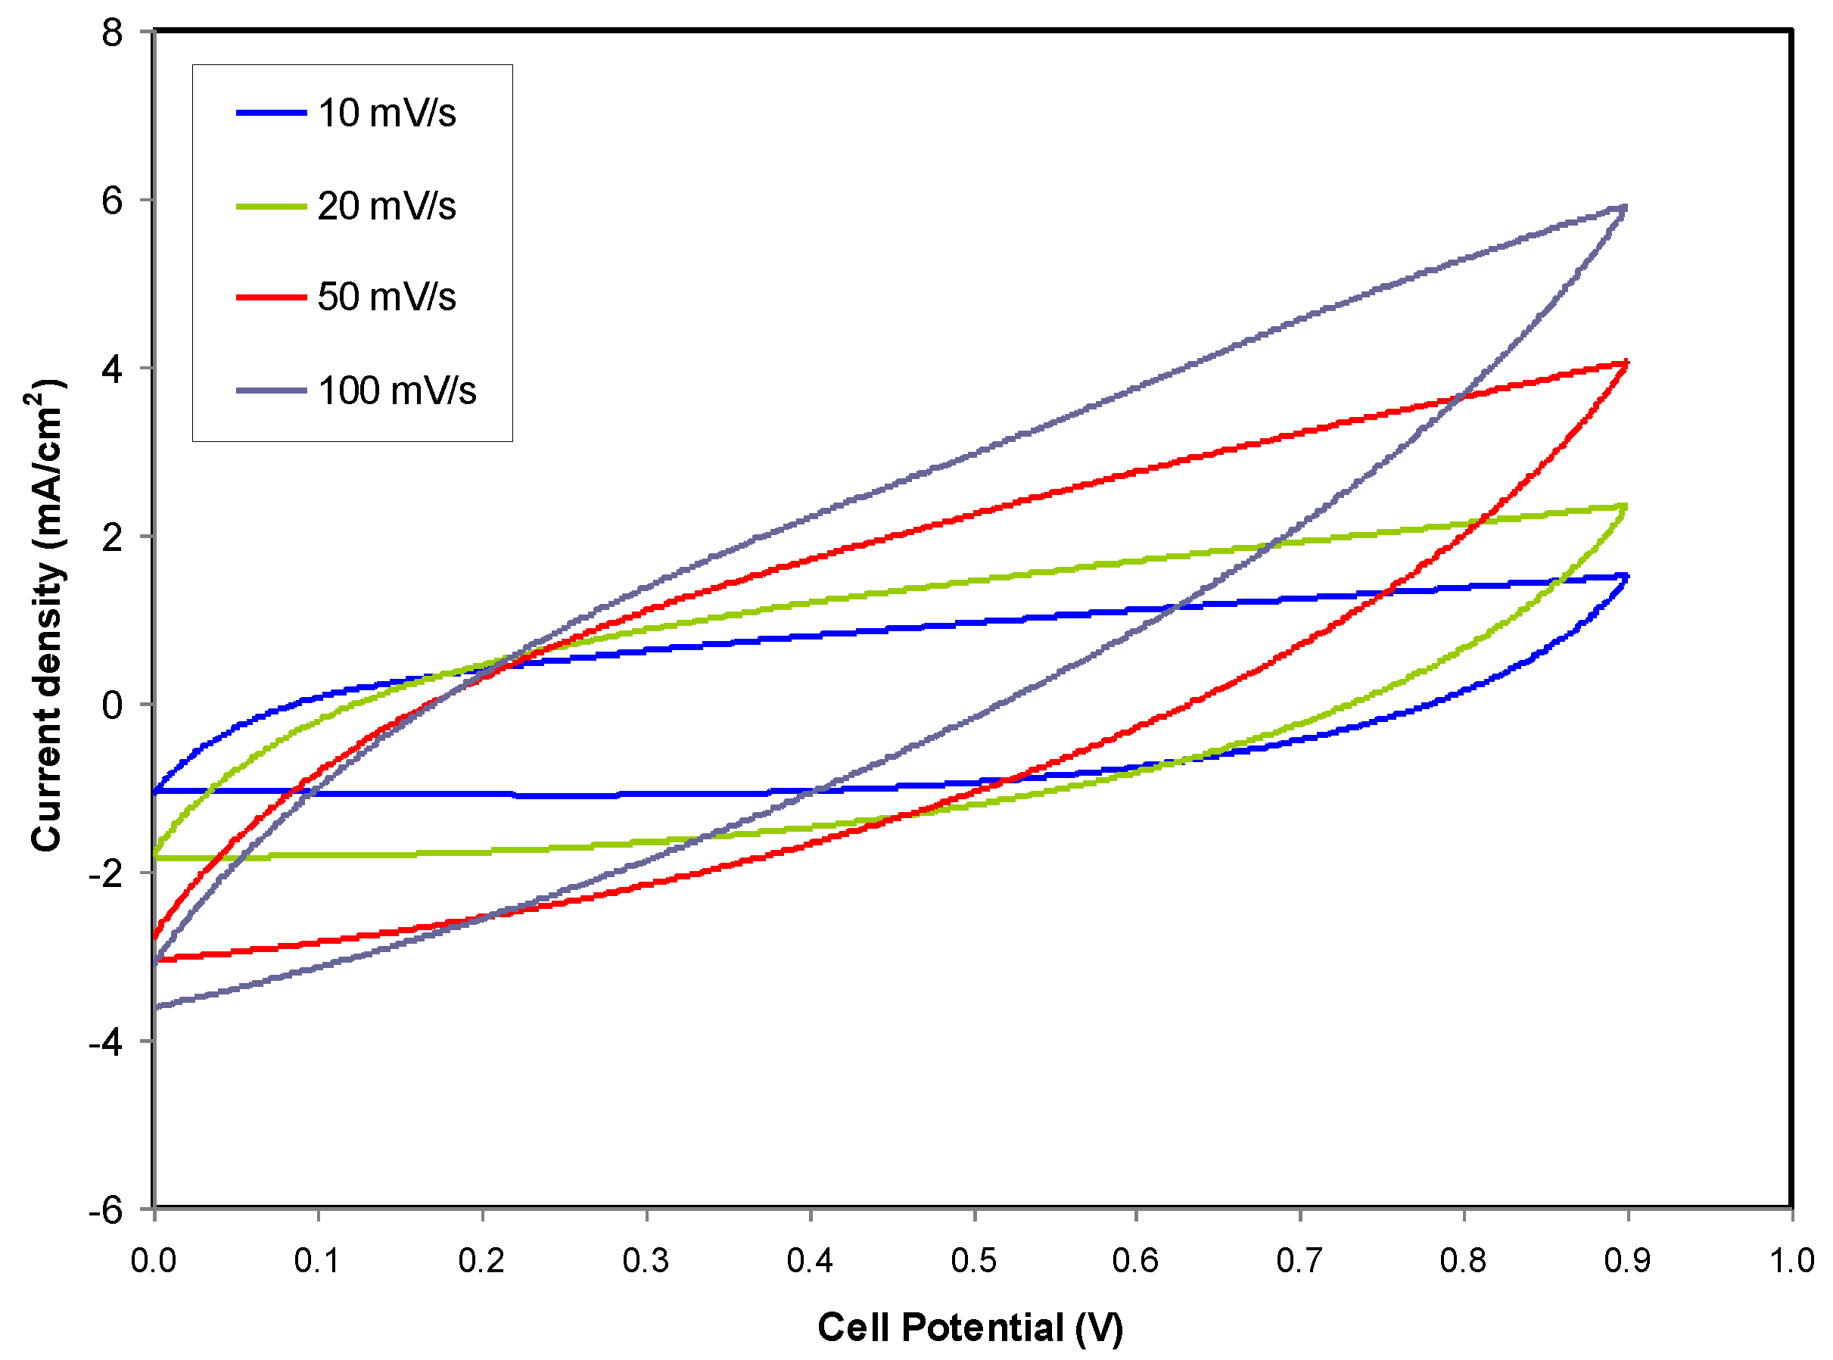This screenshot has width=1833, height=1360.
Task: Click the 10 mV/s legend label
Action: pos(386,114)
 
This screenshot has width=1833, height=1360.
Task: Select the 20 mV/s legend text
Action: pos(386,206)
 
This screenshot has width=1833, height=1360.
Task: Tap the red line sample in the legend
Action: pos(271,297)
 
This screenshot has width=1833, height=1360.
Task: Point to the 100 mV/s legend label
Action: pos(397,391)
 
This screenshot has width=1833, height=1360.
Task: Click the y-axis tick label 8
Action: pos(112,34)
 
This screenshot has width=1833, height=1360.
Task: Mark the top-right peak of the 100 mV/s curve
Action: pos(1624,208)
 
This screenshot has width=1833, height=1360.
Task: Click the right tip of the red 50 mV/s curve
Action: pos(1626,363)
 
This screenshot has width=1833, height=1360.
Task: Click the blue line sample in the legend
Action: pos(271,113)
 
